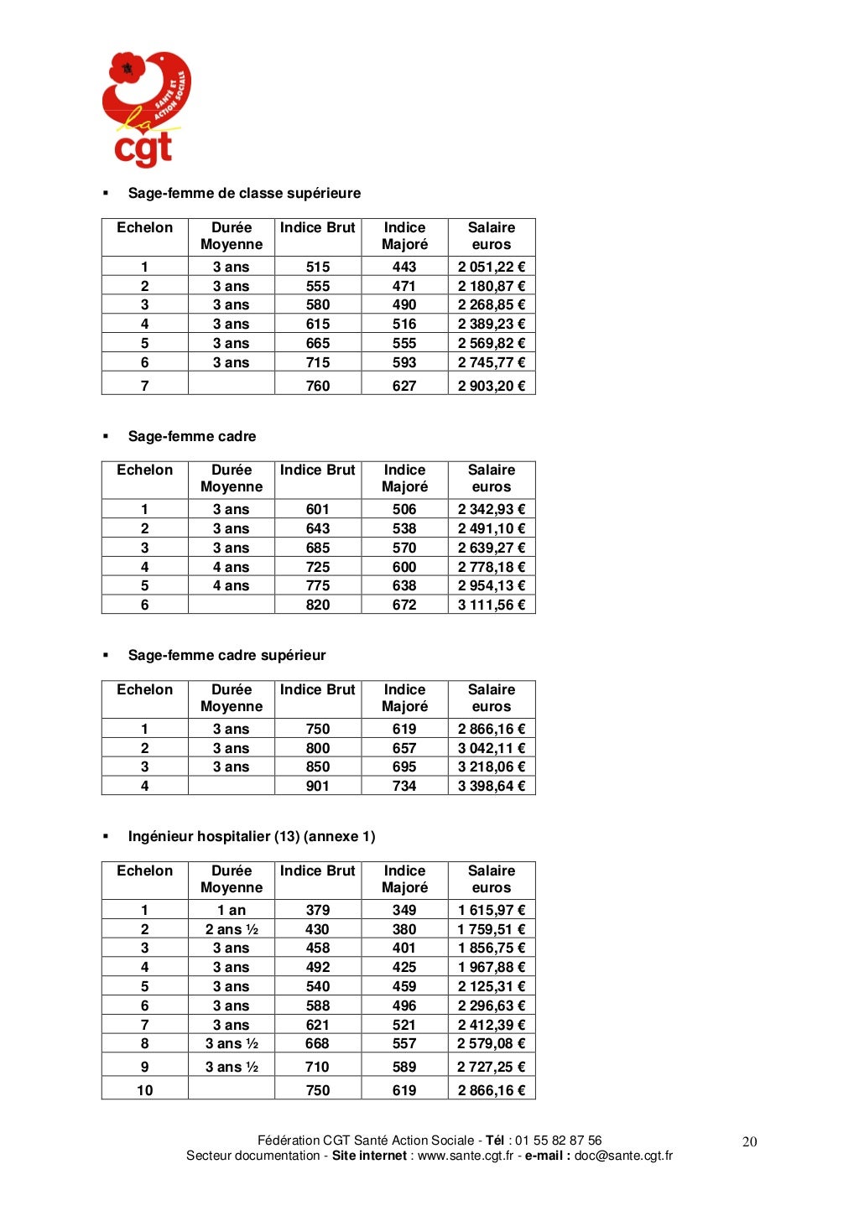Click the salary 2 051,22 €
tap(491, 267)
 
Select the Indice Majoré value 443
tap(404, 267)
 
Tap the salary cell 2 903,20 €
tap(491, 386)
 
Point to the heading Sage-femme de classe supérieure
tap(244, 193)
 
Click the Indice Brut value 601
tap(318, 509)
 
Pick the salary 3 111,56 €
tap(491, 605)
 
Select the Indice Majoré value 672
tap(404, 605)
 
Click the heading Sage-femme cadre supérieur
tap(226, 655)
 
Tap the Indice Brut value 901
tap(318, 786)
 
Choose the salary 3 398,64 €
tap(491, 786)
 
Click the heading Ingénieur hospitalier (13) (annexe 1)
tap(252, 836)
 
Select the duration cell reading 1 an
tap(232, 910)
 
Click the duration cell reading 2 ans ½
tap(232, 929)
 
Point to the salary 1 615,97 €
tap(491, 910)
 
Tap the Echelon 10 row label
tap(145, 1090)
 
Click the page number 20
tap(750, 1141)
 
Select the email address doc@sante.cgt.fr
tap(623, 1156)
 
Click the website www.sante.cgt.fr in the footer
tap(466, 1156)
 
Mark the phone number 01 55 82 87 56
tap(559, 1141)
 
